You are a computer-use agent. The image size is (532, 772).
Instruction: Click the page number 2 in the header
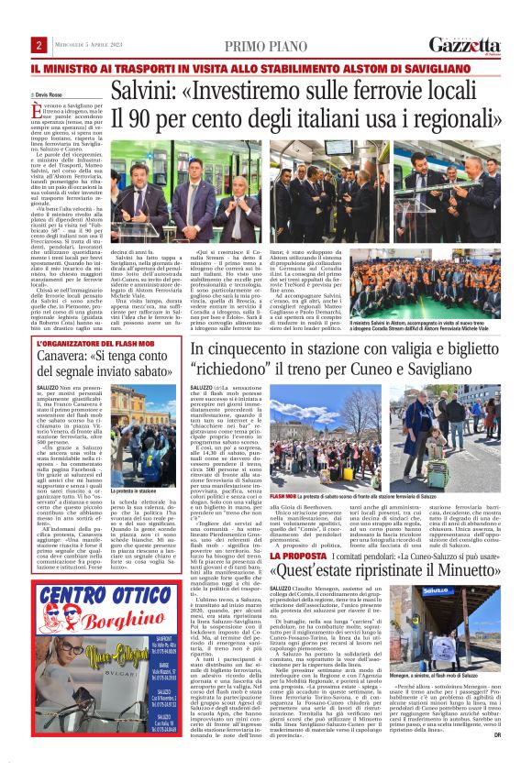(40, 46)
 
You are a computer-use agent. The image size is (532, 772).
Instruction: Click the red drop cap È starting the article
(39, 110)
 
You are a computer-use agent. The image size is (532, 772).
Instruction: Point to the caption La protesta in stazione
(130, 491)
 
